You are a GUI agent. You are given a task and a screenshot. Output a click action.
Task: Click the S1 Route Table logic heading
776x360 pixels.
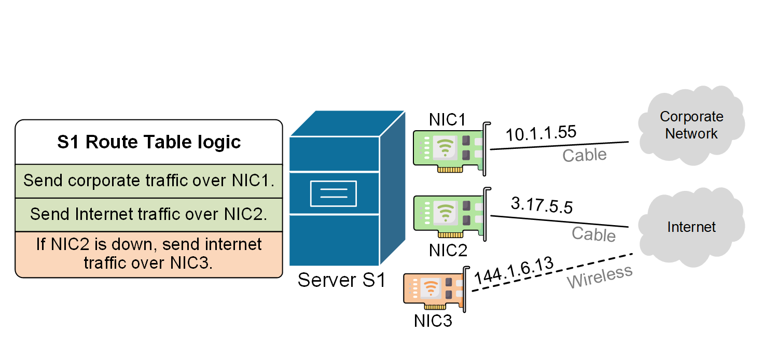[149, 142]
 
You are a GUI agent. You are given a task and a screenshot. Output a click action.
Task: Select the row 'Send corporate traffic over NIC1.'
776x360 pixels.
[149, 181]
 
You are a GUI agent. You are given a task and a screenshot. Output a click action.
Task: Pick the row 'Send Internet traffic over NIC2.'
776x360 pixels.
[149, 214]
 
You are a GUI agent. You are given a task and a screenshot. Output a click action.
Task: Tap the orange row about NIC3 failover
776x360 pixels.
[149, 253]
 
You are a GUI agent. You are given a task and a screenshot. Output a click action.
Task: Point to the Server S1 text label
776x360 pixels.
[341, 281]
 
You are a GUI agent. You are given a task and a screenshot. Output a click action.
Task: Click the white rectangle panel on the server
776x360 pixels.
[333, 193]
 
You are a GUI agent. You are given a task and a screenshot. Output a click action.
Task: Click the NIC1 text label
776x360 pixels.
[448, 119]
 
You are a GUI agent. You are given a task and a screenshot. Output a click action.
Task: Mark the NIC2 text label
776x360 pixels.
[448, 250]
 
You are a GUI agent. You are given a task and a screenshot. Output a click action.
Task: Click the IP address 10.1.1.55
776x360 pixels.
[541, 133]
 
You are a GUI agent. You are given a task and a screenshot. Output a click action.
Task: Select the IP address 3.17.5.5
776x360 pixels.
[542, 205]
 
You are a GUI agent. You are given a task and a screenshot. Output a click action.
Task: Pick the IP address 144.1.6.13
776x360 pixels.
[514, 270]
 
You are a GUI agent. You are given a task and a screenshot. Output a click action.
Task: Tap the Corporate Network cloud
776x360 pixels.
[691, 126]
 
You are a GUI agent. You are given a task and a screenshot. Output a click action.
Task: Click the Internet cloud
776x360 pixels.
[691, 227]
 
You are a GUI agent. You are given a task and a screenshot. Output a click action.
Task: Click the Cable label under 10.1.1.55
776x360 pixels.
[584, 155]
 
